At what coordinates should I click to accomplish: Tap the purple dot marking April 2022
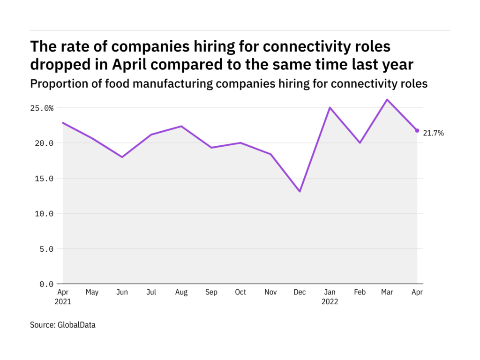[x=417, y=130]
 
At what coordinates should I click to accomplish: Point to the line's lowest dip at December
[x=300, y=191]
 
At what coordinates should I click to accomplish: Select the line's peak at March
[x=388, y=99]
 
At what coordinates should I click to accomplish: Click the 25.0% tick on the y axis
[x=41, y=108]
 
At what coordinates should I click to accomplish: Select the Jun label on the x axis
[x=122, y=292]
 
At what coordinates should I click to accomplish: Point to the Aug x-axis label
[x=181, y=292]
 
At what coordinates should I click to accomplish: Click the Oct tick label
[x=240, y=292]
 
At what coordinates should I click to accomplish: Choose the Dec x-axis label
[x=300, y=292]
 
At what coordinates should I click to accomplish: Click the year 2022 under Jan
[x=330, y=302]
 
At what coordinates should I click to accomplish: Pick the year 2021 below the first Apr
[x=62, y=302]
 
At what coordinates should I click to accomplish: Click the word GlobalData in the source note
[x=76, y=324]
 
